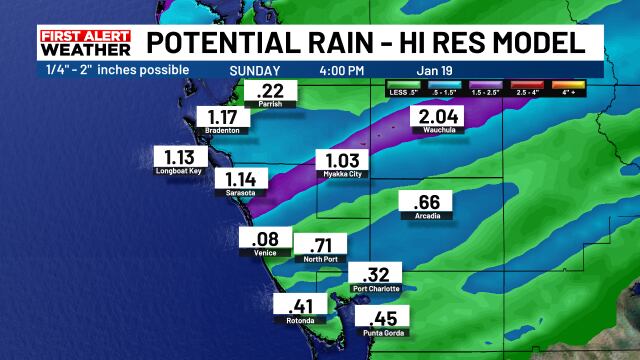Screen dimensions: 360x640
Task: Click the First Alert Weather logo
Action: pyautogui.click(x=85, y=43)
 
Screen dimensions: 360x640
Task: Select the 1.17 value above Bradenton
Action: pyautogui.click(x=223, y=117)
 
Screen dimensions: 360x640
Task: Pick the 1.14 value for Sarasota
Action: pyautogui.click(x=233, y=180)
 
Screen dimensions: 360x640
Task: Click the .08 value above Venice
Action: pyautogui.click(x=265, y=239)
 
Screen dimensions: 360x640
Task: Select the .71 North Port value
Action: pyautogui.click(x=319, y=245)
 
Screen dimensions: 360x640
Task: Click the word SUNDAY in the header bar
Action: pyautogui.click(x=255, y=71)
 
